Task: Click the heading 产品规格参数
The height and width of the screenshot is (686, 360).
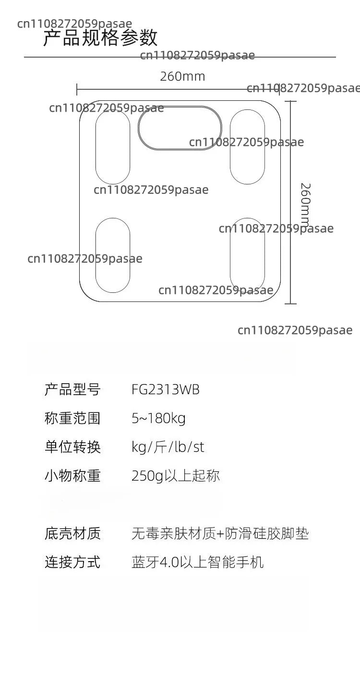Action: (100, 37)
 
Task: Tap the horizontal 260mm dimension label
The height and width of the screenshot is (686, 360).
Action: (182, 76)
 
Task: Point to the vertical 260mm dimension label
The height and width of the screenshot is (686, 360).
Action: (305, 204)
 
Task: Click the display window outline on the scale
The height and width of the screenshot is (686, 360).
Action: (180, 106)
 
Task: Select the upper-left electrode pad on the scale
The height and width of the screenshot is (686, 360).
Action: (96, 147)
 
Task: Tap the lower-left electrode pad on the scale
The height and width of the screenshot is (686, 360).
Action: (96, 255)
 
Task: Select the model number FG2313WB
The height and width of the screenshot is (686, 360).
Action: (165, 389)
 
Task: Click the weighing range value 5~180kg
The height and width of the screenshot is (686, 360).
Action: (158, 418)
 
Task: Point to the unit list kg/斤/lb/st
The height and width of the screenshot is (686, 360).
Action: (168, 447)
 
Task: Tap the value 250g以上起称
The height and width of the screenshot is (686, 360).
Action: (176, 476)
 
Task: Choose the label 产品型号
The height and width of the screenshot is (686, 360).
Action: (72, 389)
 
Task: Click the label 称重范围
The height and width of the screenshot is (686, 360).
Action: (72, 418)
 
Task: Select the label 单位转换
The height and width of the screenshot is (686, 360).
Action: (72, 447)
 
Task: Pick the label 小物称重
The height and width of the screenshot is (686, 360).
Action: (72, 476)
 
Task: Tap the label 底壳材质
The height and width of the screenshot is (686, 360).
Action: (72, 533)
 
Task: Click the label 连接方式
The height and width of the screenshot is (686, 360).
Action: (72, 562)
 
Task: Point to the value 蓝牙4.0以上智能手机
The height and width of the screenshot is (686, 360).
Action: (198, 562)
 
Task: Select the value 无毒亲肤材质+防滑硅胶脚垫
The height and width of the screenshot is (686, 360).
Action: (220, 533)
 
